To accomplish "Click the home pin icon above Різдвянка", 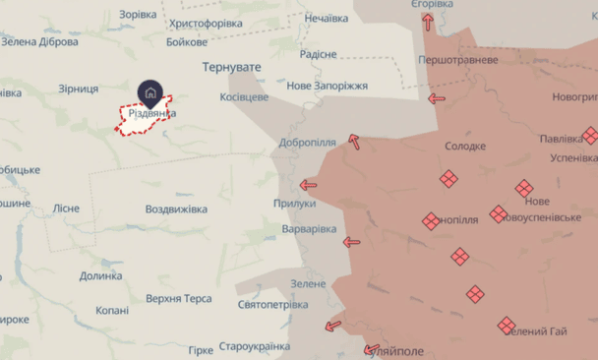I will [x=150, y=92].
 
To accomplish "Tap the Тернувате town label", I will [x=232, y=67].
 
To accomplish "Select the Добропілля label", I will [x=309, y=143].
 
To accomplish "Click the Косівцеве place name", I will [x=244, y=98].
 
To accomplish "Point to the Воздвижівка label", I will [x=176, y=210].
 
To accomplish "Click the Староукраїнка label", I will [x=253, y=347].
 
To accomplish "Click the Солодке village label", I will [x=465, y=147].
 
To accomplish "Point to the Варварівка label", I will [x=309, y=228].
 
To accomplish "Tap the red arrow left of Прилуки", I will [x=308, y=184].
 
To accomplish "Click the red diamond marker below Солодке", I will [x=448, y=178].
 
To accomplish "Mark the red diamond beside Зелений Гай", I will [x=507, y=324].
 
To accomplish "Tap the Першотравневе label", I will [x=458, y=60].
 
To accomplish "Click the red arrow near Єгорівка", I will [x=429, y=24].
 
